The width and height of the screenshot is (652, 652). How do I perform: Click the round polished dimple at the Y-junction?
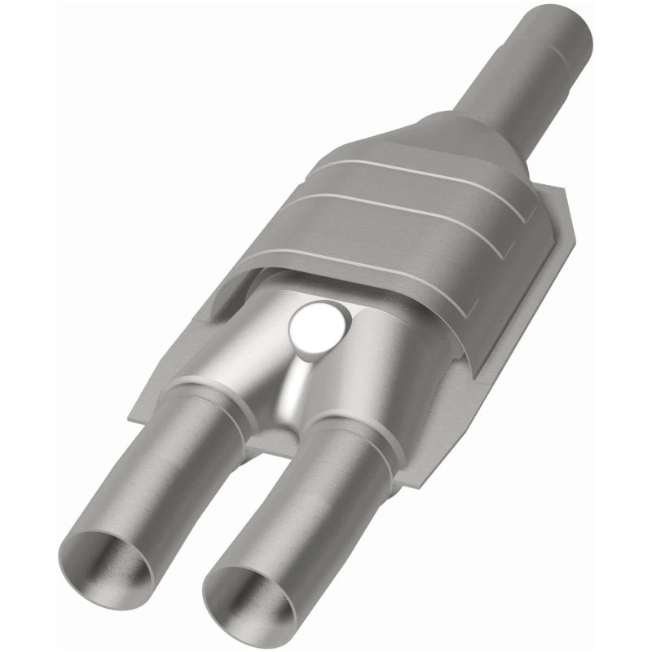click(315, 326)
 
